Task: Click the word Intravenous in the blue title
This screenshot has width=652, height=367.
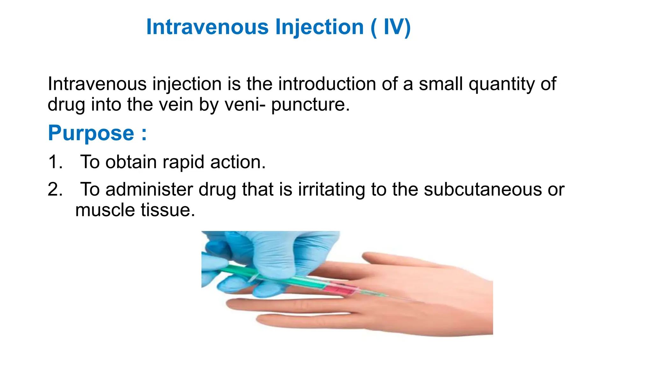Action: point(207,27)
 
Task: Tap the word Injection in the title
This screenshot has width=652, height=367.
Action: point(319,27)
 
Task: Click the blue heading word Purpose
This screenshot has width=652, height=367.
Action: point(91,133)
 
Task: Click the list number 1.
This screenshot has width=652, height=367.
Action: point(54,162)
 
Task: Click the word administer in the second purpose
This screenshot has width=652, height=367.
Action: point(149,189)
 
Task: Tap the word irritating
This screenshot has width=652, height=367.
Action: point(331,190)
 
